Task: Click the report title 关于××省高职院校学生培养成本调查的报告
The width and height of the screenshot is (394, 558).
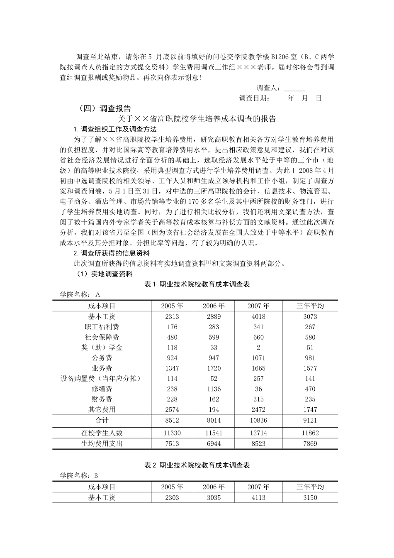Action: coord(197,119)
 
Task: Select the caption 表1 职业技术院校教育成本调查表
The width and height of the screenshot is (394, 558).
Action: coord(197,284)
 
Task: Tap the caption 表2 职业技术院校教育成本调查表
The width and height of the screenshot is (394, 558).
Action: coord(197,465)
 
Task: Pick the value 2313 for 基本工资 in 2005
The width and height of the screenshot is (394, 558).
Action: coord(172,316)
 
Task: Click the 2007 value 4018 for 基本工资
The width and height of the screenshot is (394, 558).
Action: coord(258,316)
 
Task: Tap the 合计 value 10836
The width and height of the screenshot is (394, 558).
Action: coord(258,420)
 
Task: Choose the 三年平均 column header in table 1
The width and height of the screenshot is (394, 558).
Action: coord(310,306)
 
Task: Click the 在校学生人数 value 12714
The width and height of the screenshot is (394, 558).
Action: coord(258,433)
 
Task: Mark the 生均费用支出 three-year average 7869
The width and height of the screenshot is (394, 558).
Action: coord(310,443)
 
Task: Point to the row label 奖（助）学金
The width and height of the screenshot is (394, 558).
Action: coord(102,348)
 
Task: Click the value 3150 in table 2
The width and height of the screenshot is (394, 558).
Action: coord(310,497)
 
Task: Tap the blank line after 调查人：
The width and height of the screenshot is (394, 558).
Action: coord(294,88)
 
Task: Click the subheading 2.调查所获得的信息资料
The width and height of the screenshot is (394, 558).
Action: coord(112,253)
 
